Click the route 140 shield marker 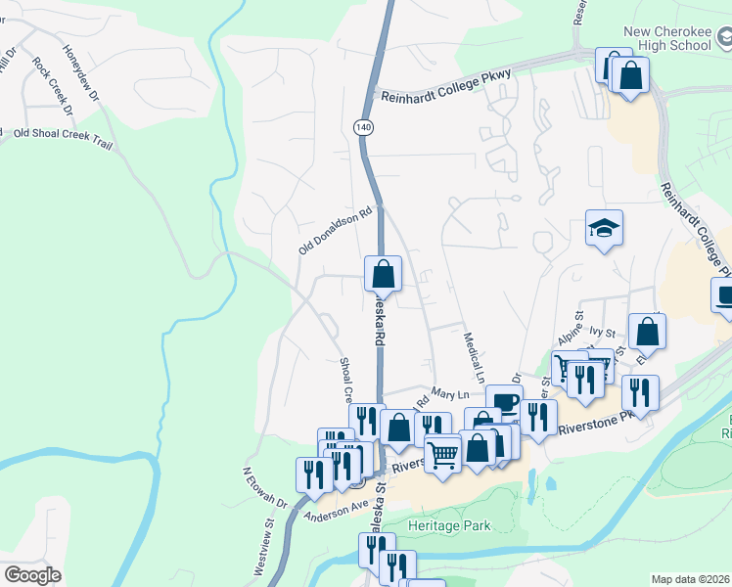click(x=364, y=128)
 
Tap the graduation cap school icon click(x=604, y=229)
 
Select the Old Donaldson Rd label click(x=338, y=229)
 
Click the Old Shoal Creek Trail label click(x=64, y=138)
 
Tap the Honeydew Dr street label click(x=80, y=73)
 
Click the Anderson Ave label click(x=336, y=510)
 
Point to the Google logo click(x=32, y=575)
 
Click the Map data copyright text click(x=690, y=578)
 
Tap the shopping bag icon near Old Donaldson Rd click(x=384, y=273)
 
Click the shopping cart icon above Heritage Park click(x=442, y=454)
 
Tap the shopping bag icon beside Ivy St click(x=647, y=332)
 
